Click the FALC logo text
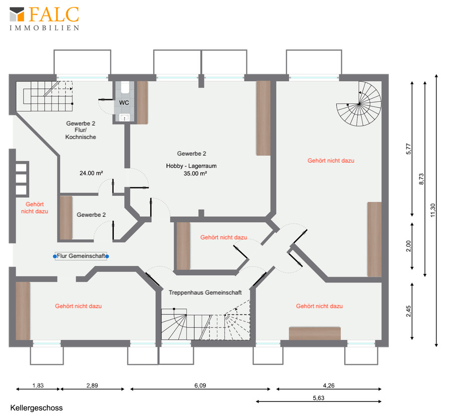click(x=54, y=15)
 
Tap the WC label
click(x=124, y=102)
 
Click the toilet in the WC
click(x=125, y=87)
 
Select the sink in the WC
click(x=125, y=117)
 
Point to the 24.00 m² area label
click(x=91, y=173)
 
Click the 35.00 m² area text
click(x=195, y=174)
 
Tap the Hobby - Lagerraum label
click(x=191, y=166)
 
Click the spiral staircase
click(x=359, y=104)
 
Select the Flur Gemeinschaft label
click(x=81, y=256)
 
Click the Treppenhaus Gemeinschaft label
click(x=205, y=293)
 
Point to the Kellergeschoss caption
click(x=36, y=408)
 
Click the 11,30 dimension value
click(x=432, y=210)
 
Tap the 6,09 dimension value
click(x=200, y=385)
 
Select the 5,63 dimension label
click(x=319, y=398)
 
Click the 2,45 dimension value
click(x=408, y=311)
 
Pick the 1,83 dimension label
click(x=38, y=385)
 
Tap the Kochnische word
click(x=81, y=137)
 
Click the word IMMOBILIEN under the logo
click(x=45, y=28)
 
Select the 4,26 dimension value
click(x=329, y=385)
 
